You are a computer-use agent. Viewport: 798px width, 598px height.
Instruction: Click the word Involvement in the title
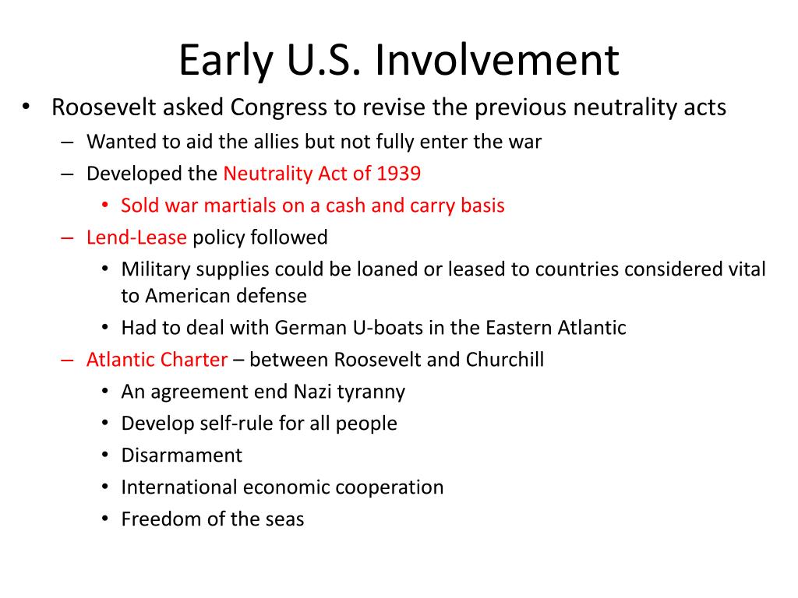click(496, 60)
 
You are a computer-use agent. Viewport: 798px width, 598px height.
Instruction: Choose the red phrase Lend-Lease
click(136, 237)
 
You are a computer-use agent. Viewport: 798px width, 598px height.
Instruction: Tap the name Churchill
click(504, 360)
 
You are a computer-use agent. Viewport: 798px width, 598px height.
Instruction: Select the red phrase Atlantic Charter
click(157, 360)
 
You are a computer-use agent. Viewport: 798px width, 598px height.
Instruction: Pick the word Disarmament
click(182, 455)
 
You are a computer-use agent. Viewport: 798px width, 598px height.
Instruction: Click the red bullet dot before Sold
click(105, 206)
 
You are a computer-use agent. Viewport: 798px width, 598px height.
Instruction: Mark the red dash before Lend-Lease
click(67, 237)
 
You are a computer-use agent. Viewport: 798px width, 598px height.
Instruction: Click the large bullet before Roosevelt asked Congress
click(26, 107)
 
